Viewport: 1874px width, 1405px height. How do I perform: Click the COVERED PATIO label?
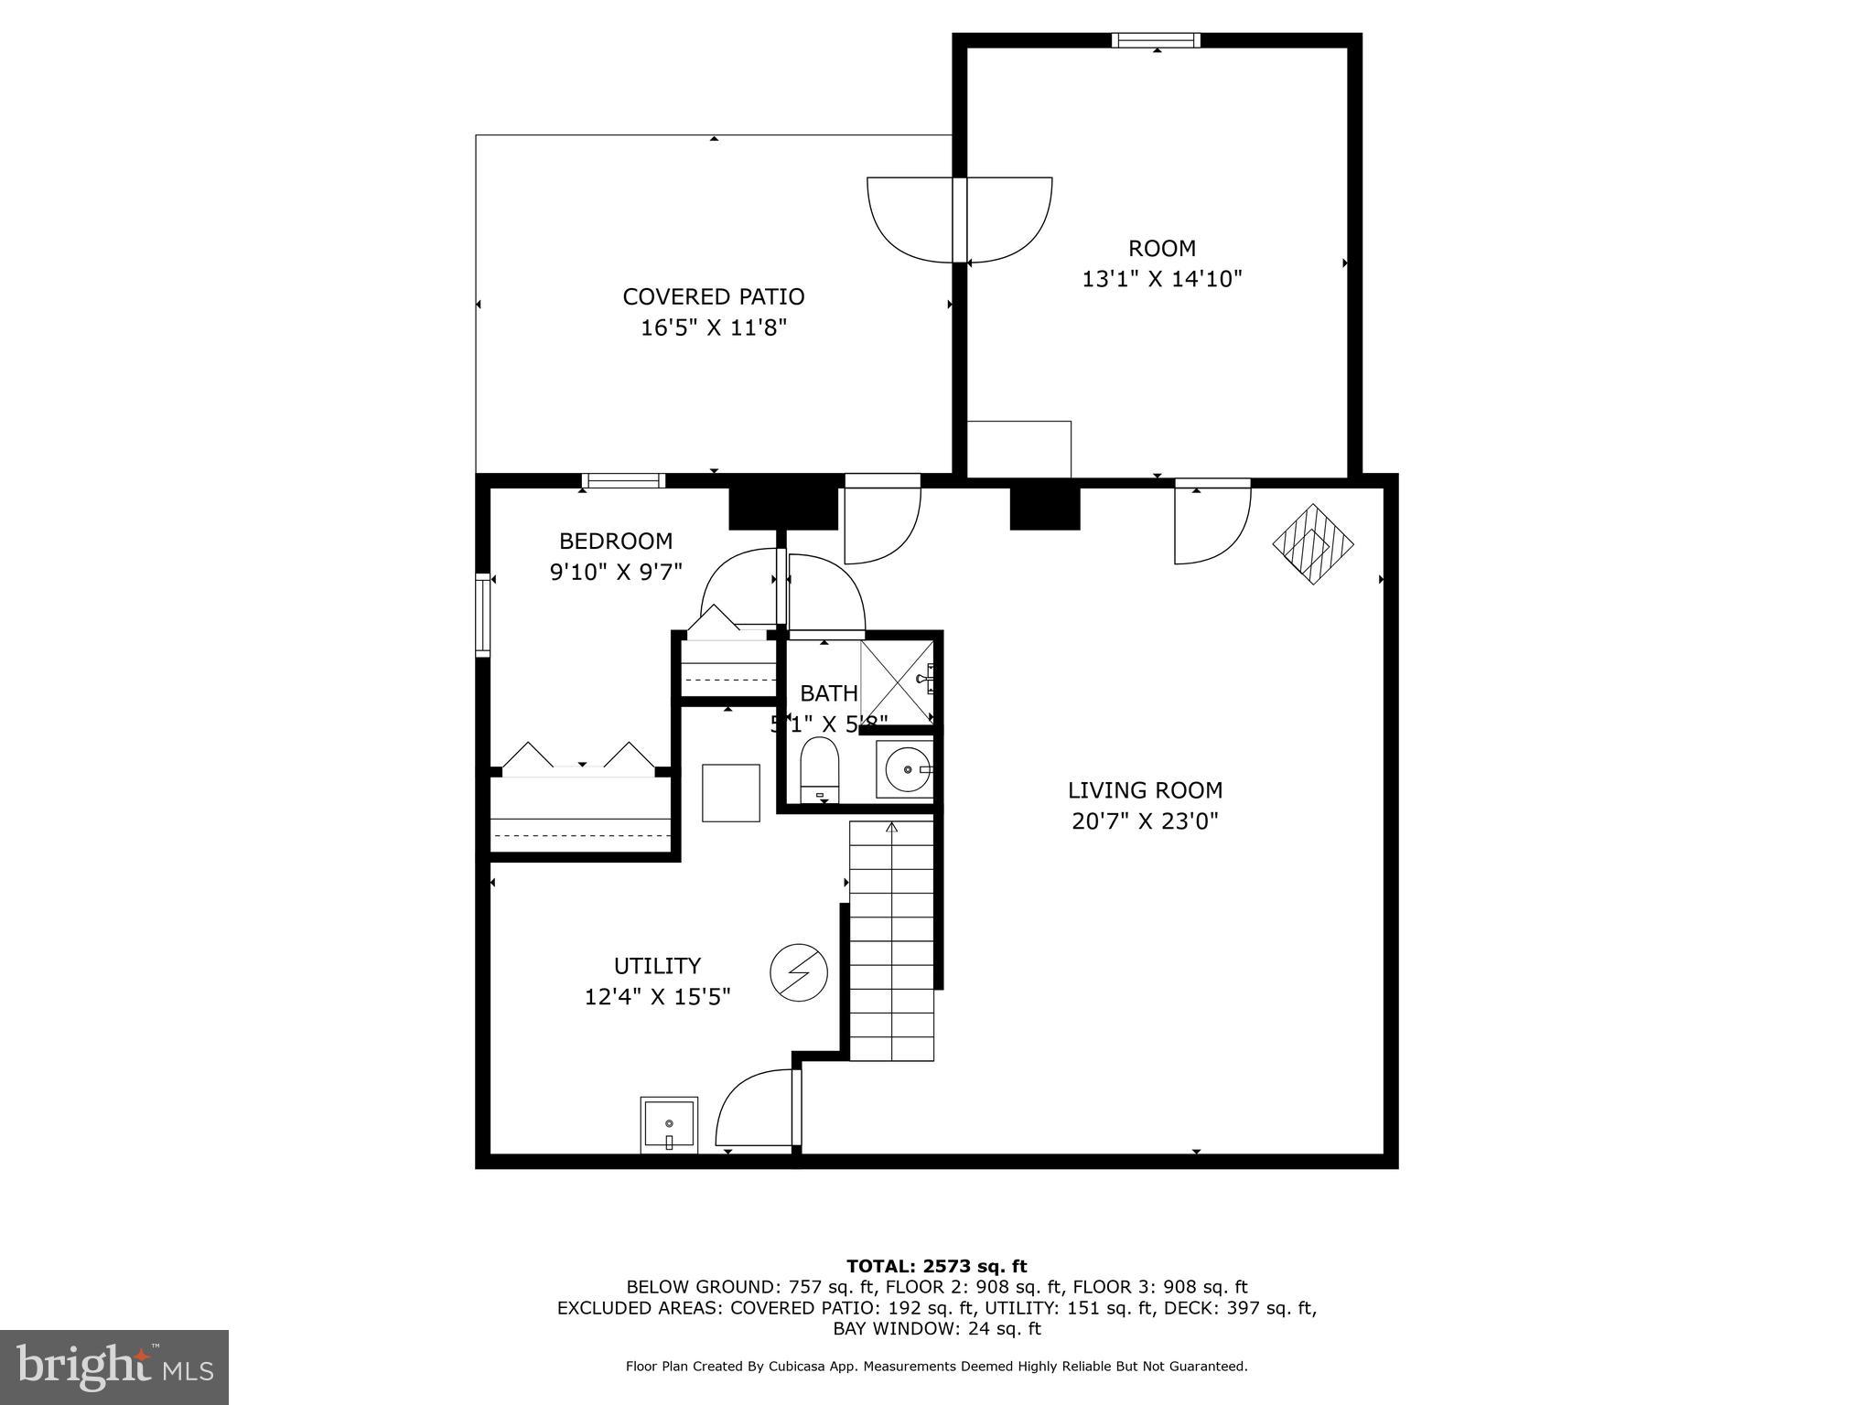pyautogui.click(x=714, y=297)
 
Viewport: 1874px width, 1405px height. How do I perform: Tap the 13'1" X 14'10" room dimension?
pyautogui.click(x=1161, y=279)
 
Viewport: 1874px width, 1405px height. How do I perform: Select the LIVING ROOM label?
pyautogui.click(x=1145, y=790)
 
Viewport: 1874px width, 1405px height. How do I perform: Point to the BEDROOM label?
pyautogui.click(x=616, y=541)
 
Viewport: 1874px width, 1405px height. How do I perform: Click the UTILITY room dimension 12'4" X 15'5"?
pyautogui.click(x=657, y=996)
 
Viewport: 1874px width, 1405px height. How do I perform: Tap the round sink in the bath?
pyautogui.click(x=904, y=770)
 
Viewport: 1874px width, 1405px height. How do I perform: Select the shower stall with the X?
pyautogui.click(x=897, y=681)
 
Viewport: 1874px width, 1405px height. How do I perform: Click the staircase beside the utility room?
pyautogui.click(x=891, y=942)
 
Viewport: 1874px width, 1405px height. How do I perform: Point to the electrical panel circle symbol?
pyautogui.click(x=799, y=971)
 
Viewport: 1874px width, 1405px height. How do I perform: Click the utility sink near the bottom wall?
pyautogui.click(x=669, y=1124)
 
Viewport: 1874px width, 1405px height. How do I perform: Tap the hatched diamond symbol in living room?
pyautogui.click(x=1313, y=544)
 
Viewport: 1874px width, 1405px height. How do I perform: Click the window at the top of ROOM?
pyautogui.click(x=1156, y=40)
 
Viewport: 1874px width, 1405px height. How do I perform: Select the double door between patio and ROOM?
pyautogui.click(x=959, y=220)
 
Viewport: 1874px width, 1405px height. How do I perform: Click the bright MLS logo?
pyautogui.click(x=114, y=1367)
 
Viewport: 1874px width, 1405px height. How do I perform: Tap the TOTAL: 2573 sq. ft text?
pyautogui.click(x=936, y=1266)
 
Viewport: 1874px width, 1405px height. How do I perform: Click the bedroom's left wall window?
pyautogui.click(x=482, y=614)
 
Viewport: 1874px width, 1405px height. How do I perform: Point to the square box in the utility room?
pyautogui.click(x=730, y=793)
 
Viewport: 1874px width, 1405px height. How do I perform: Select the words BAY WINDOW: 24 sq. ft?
pyautogui.click(x=936, y=1328)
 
